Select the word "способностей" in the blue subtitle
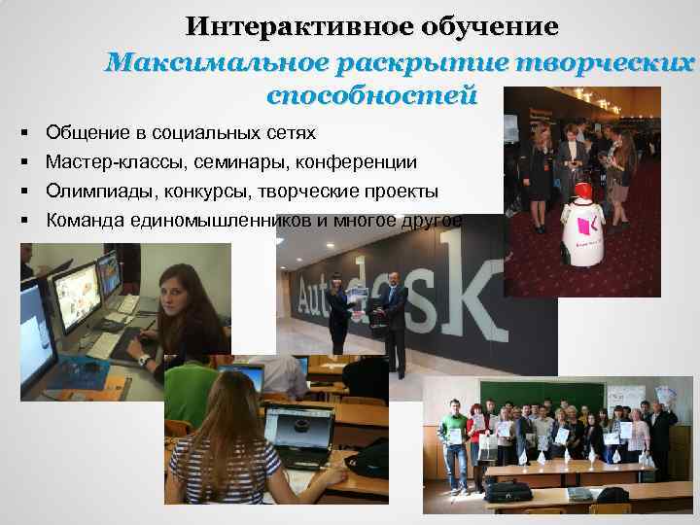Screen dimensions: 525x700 [x=370, y=96]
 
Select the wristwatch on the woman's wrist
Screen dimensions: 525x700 [x=145, y=360]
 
